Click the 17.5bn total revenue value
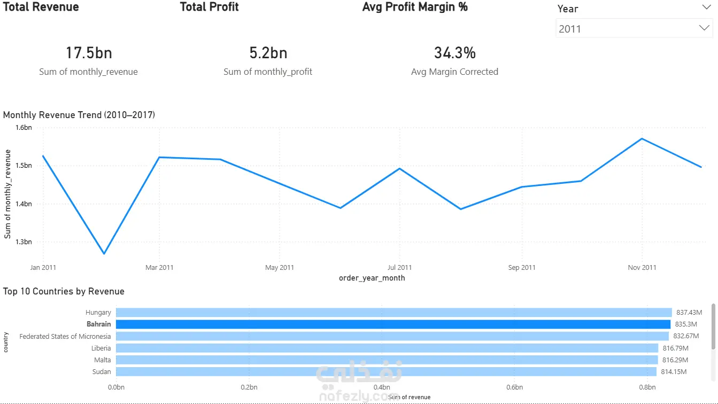(89, 53)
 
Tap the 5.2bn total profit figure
(268, 53)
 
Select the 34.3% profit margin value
(454, 53)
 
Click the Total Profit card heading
(209, 7)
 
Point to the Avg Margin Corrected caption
(454, 72)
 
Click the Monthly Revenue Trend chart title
(79, 115)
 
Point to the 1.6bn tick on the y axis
(24, 128)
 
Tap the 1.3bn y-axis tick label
(24, 242)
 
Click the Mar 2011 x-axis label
(159, 267)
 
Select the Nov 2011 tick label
(642, 267)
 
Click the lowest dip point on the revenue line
(104, 254)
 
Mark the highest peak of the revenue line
(642, 139)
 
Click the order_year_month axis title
(372, 278)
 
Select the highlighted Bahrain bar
(393, 324)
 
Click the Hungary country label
(98, 313)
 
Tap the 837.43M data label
(689, 313)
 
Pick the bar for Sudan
(386, 371)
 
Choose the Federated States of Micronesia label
(65, 336)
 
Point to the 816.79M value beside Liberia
(675, 348)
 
